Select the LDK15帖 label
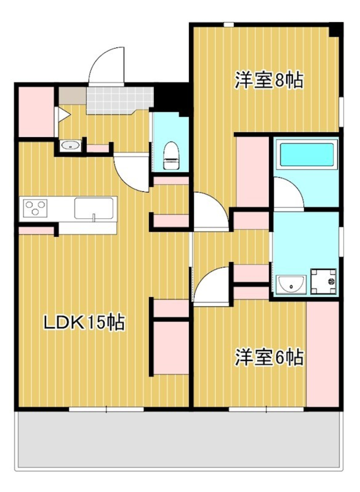tap(84, 322)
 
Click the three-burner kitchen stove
tap(35, 208)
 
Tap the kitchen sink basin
tap(94, 208)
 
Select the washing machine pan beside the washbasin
tap(323, 281)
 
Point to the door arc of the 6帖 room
tap(212, 285)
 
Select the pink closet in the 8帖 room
tap(252, 172)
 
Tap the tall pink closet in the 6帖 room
tap(322, 354)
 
